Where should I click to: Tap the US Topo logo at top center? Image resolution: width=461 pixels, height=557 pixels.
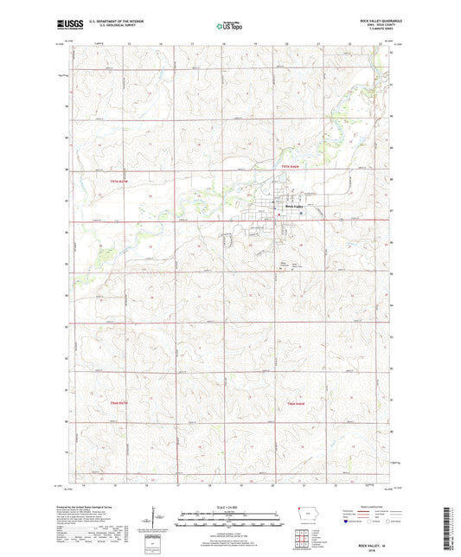pos(228,27)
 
